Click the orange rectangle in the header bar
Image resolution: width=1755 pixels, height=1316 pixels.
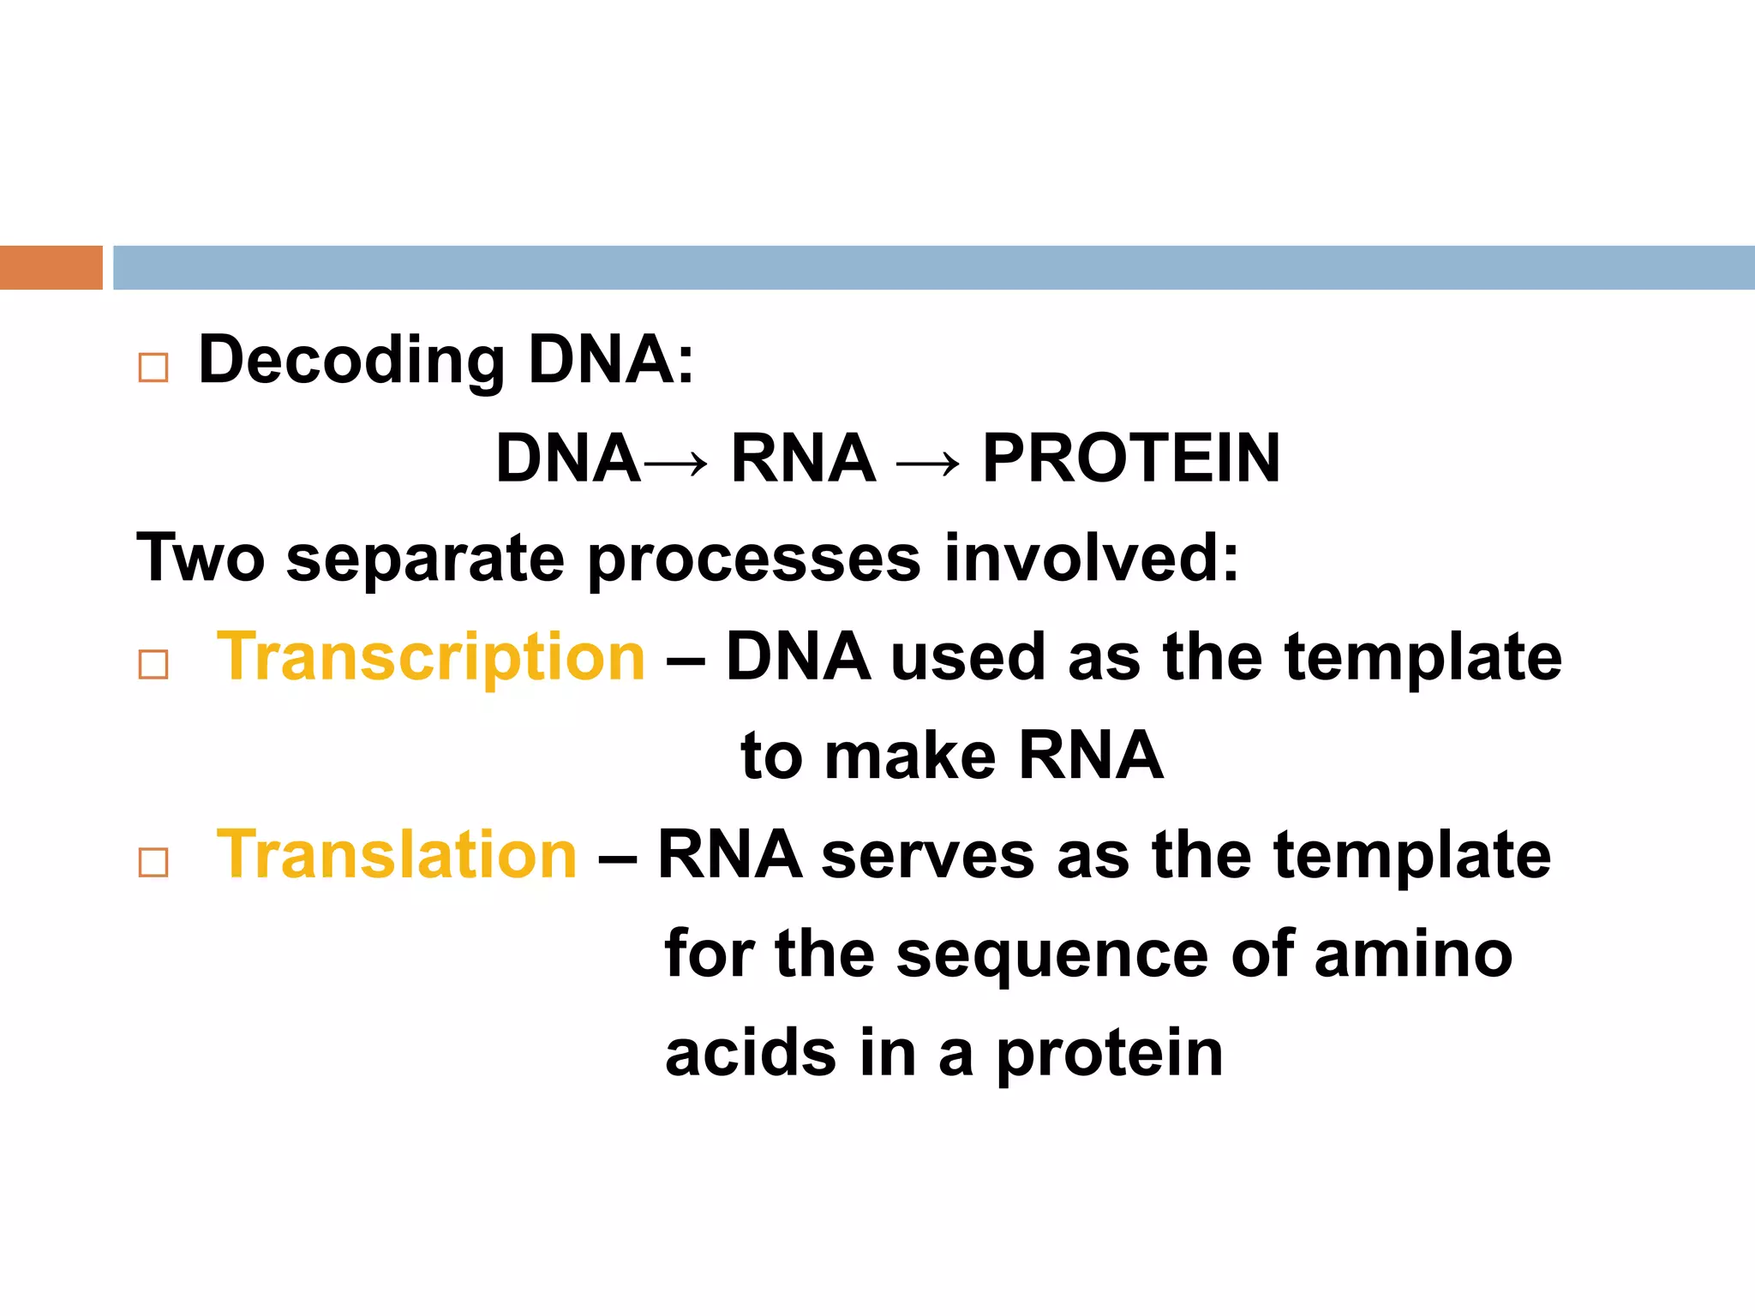point(51,267)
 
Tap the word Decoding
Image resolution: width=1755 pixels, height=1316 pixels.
point(351,360)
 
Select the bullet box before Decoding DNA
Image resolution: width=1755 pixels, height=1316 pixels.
point(153,368)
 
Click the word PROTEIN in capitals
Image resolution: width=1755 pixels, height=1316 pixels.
point(1131,458)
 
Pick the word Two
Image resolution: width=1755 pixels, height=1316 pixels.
point(201,558)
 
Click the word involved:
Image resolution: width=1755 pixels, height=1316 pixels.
point(1092,558)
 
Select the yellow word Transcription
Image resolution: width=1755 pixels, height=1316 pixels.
point(431,658)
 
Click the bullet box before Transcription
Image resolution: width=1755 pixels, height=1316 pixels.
point(153,664)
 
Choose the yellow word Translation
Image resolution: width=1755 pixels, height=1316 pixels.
point(397,855)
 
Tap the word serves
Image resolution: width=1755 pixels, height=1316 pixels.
point(928,855)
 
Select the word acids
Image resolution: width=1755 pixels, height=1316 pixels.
point(751,1053)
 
